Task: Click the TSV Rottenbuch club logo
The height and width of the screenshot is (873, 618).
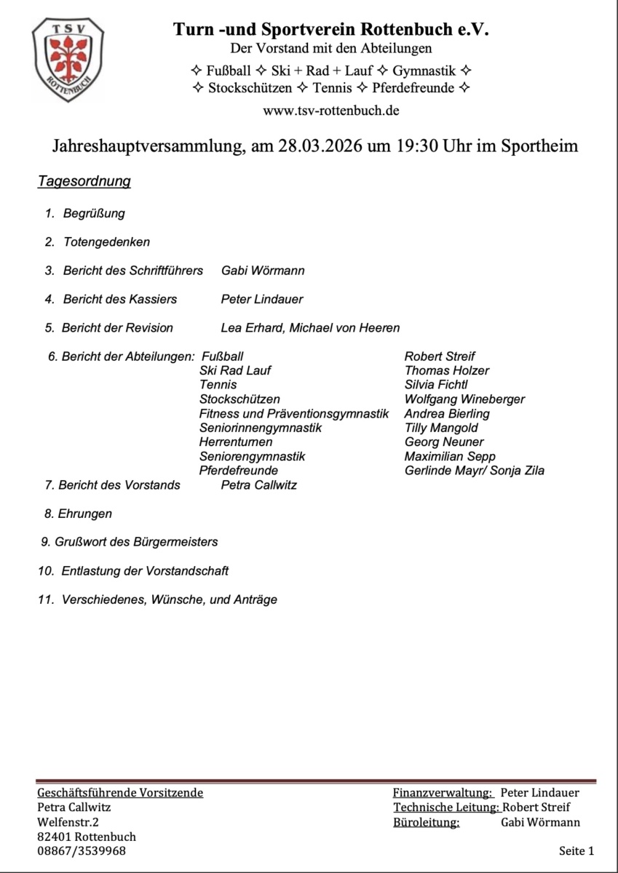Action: (68, 60)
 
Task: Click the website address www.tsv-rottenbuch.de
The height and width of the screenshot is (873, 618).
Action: (331, 111)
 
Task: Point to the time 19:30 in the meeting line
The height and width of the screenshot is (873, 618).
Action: (419, 145)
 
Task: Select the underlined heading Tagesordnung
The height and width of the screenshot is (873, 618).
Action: (84, 181)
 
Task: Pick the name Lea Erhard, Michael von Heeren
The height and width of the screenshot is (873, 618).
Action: (310, 328)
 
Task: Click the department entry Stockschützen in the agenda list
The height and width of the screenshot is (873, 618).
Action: (239, 399)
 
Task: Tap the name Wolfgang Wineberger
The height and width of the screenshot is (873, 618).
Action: (464, 399)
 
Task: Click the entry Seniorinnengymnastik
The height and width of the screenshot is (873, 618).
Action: (260, 428)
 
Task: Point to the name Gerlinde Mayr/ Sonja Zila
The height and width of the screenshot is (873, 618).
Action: (474, 471)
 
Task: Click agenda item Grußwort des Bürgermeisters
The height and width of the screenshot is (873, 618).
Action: (136, 542)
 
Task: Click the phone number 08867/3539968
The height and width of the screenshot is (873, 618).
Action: (81, 851)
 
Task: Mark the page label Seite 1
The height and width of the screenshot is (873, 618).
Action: (577, 850)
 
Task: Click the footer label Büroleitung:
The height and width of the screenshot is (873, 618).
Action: (426, 822)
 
